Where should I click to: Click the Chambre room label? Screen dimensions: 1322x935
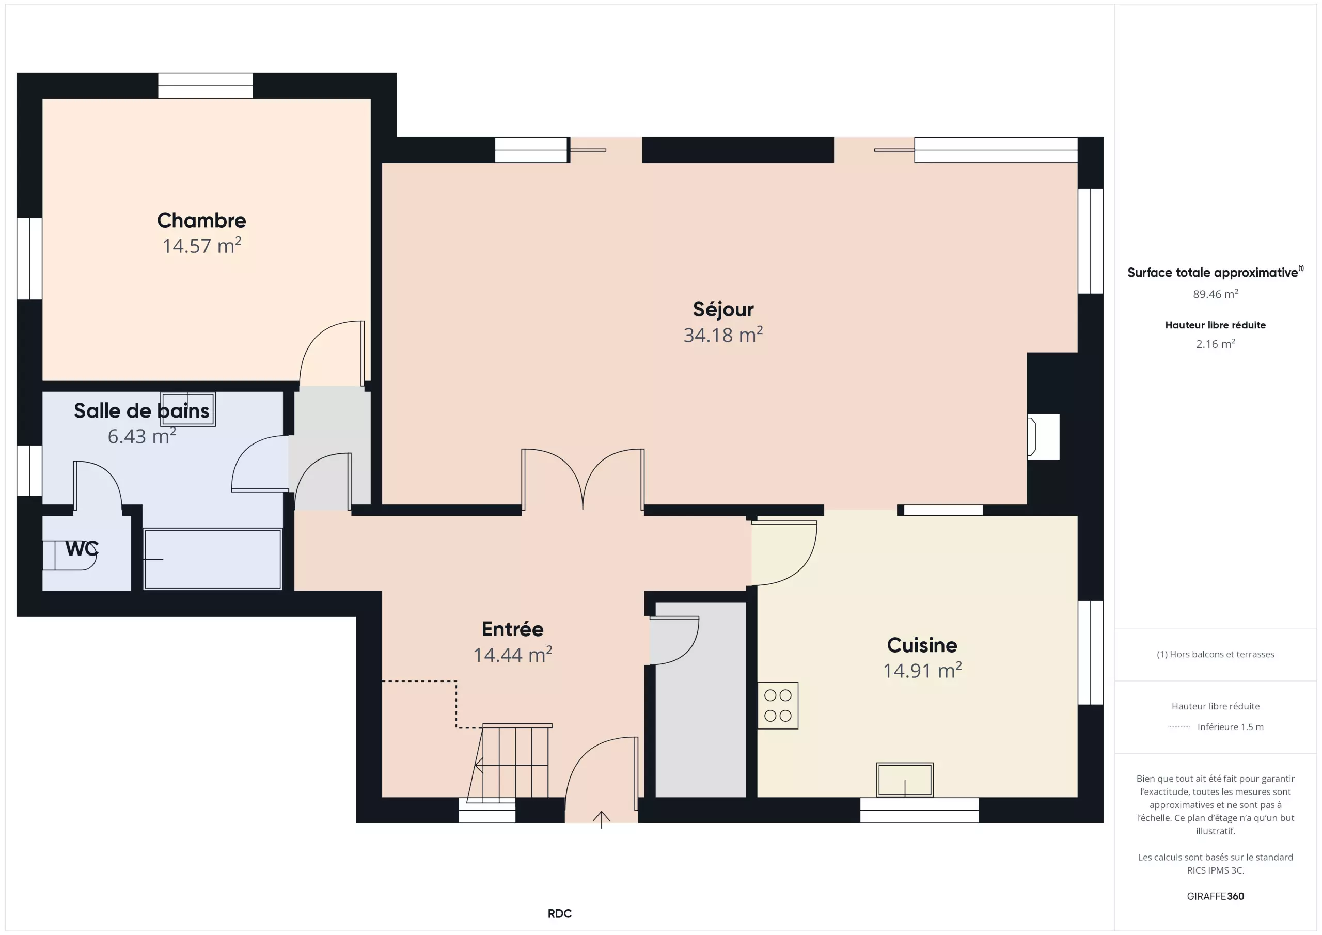(201, 220)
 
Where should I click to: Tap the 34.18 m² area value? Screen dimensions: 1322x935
(723, 335)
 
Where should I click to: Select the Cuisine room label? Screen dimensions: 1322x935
(922, 645)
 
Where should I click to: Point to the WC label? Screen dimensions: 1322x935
(82, 549)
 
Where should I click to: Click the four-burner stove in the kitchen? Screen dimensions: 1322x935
(777, 705)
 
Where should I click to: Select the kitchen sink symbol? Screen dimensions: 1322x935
(905, 780)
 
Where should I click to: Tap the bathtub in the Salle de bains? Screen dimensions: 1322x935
(212, 559)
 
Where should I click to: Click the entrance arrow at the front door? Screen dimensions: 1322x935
(601, 819)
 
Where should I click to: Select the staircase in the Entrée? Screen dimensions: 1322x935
(509, 763)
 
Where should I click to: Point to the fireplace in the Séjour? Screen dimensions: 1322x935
(1043, 436)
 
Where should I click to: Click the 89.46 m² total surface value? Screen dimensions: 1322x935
(1215, 294)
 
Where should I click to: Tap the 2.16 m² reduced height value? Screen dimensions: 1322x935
(1215, 344)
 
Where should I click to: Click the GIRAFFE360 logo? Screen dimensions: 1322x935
(1215, 896)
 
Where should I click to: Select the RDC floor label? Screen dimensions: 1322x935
(560, 914)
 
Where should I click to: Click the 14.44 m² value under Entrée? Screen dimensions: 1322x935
(512, 655)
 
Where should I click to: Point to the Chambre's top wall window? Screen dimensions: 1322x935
(206, 86)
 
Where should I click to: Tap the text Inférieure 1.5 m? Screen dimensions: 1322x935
(1231, 727)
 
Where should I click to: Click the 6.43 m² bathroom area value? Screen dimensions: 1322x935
(141, 436)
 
